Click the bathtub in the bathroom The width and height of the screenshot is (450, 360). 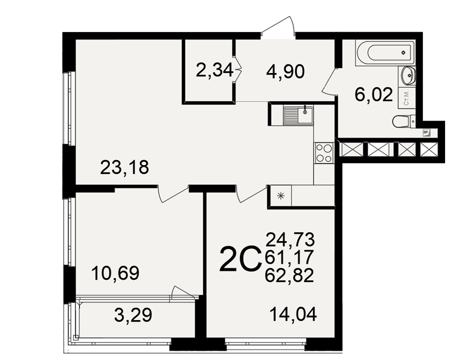click(385, 53)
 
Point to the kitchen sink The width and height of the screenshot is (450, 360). click(298, 115)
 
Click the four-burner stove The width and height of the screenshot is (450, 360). click(324, 153)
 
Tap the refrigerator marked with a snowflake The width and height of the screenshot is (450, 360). click(280, 196)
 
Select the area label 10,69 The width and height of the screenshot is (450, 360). click(115, 273)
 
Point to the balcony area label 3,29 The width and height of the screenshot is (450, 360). click(133, 315)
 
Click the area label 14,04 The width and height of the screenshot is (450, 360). click(293, 315)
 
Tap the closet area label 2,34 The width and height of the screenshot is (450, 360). click(214, 70)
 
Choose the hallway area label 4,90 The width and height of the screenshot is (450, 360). click(285, 72)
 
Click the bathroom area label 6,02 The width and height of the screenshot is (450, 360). click(373, 94)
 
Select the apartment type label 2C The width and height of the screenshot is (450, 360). click(240, 259)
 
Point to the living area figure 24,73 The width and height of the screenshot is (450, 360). click(290, 240)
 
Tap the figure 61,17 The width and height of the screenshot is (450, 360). click(289, 257)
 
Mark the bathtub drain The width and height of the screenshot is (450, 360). click(404, 53)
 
